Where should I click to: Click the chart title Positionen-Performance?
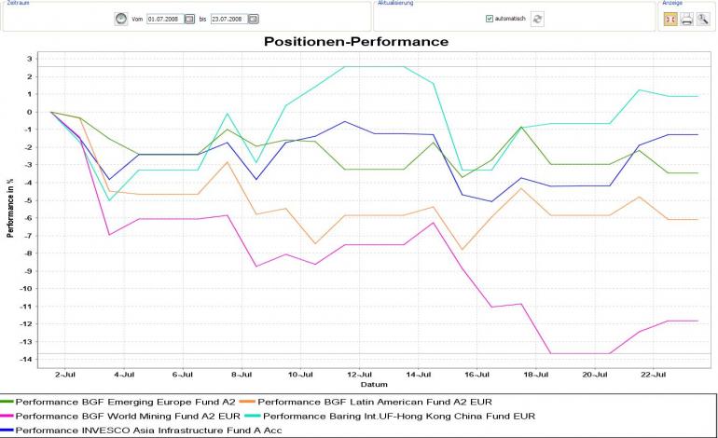355,42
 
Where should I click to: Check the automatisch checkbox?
490,19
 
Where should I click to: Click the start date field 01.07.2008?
164,19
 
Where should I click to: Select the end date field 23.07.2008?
228,19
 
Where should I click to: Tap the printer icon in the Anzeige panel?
686,19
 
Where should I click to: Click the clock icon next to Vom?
120,19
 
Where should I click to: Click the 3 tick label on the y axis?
30,59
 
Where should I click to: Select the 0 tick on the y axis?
30,112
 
